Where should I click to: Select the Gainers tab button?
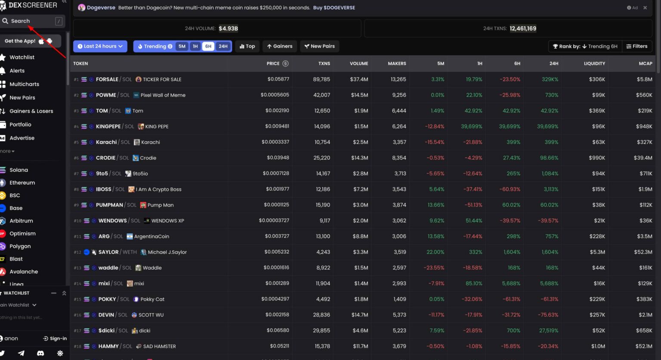coord(279,46)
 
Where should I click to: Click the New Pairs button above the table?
coord(319,46)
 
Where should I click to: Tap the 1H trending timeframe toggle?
coord(195,46)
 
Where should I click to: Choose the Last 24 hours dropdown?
coord(100,46)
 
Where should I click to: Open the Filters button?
coord(637,46)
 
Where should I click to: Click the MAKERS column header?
coord(397,63)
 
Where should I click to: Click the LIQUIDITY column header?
coord(594,63)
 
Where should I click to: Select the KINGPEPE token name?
coord(108,127)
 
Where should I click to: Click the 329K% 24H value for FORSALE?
coord(550,79)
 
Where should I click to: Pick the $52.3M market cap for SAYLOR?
coord(643,252)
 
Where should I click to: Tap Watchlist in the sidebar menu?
coord(22,57)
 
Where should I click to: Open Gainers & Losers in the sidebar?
coord(31,111)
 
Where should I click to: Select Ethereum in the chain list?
coord(22,183)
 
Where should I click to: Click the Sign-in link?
coord(55,338)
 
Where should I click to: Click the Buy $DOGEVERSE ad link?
coord(334,8)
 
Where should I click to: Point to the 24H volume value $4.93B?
coord(228,28)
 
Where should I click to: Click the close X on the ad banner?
coord(645,8)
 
